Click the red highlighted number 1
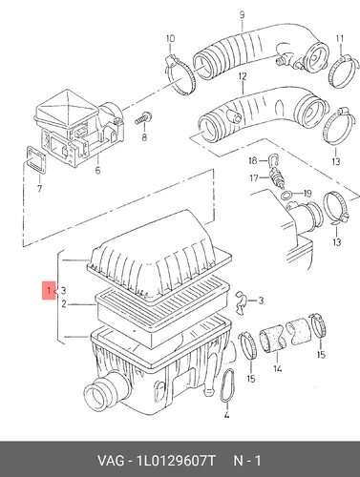[49, 290]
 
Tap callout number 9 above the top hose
[242, 15]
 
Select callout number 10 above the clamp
[171, 39]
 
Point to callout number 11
[340, 39]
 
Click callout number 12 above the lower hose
[243, 76]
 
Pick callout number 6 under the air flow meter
[97, 170]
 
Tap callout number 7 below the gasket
[39, 188]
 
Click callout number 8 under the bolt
[144, 137]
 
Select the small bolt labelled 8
[143, 117]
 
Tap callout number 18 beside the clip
[253, 160]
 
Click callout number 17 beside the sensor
[254, 177]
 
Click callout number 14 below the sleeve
[277, 368]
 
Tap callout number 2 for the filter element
[64, 304]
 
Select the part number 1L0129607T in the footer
[176, 461]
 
